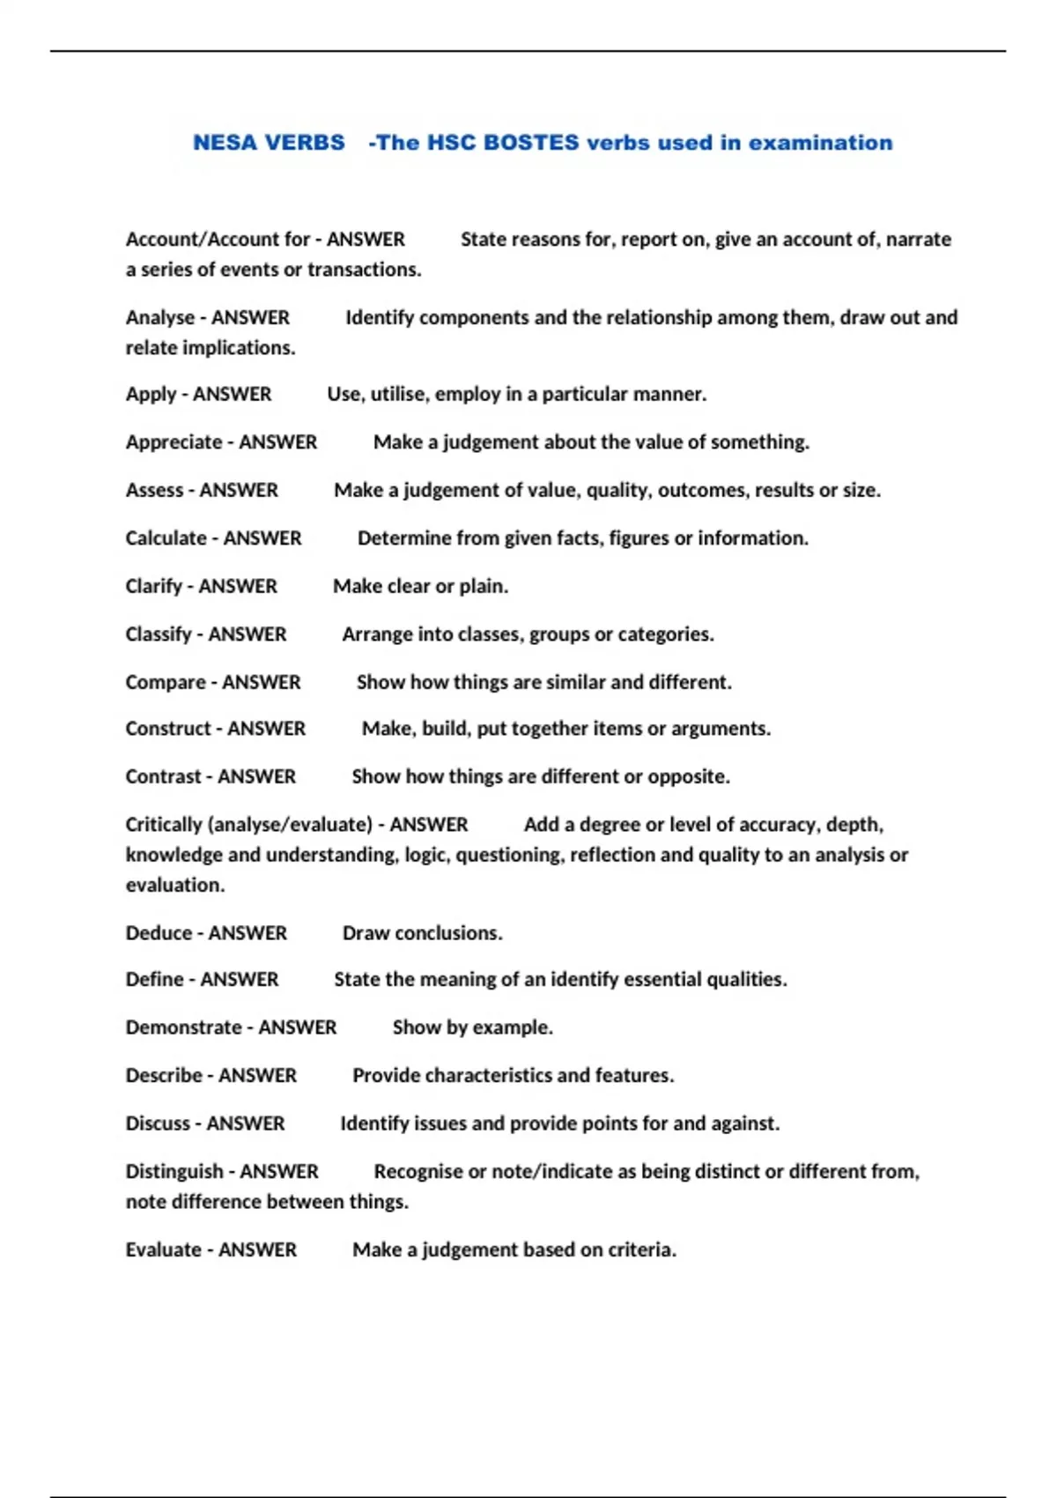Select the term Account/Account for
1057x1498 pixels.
click(217, 240)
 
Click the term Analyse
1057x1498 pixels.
click(159, 317)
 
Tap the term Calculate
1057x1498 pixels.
click(166, 538)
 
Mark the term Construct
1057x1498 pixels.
click(167, 729)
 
